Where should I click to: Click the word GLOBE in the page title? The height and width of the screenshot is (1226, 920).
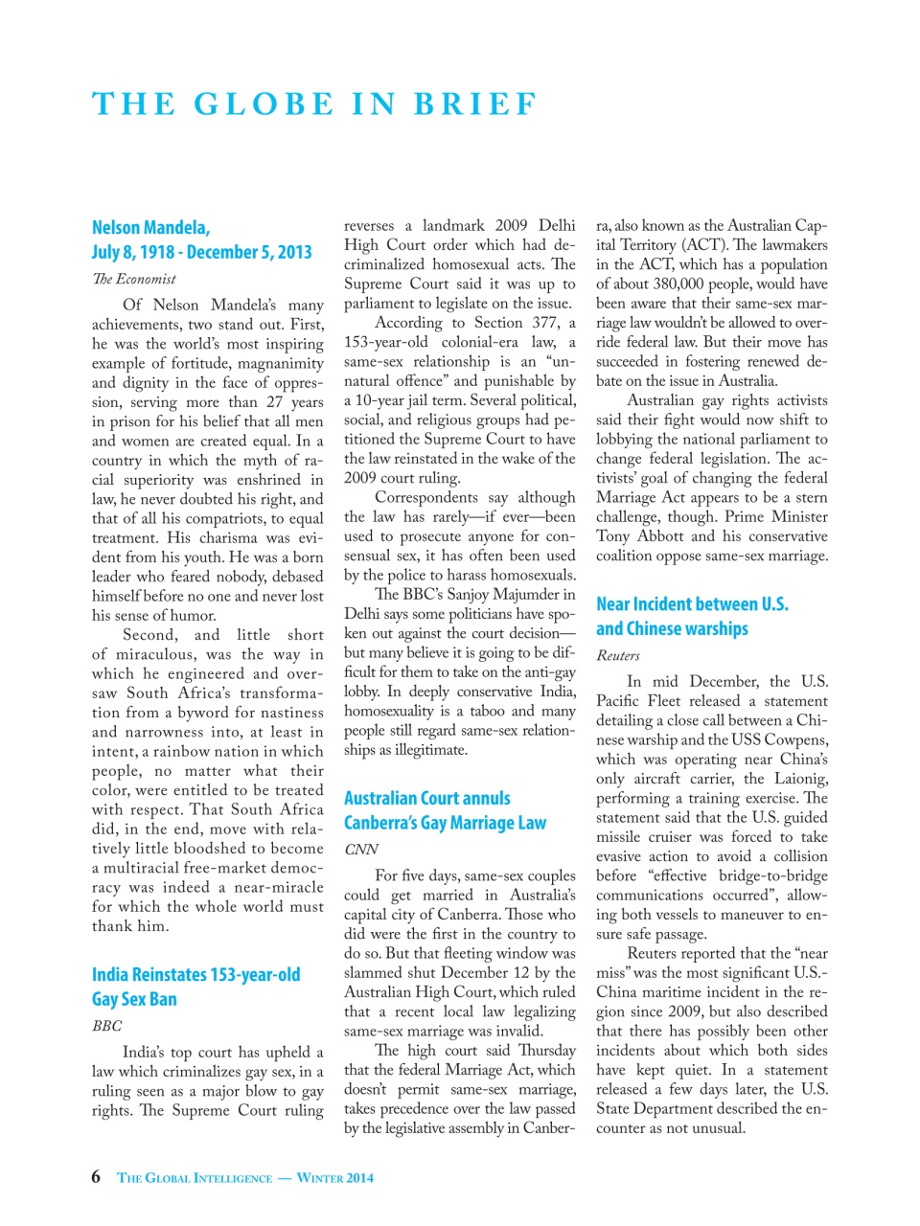pos(264,103)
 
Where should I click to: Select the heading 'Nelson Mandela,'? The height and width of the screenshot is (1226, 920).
pos(150,227)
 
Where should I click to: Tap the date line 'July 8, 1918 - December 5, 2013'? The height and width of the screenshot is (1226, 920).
pos(201,252)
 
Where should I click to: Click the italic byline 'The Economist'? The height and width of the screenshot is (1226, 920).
pos(133,279)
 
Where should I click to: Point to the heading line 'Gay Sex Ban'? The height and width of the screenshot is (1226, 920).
pos(134,999)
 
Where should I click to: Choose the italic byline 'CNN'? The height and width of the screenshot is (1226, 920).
pos(360,850)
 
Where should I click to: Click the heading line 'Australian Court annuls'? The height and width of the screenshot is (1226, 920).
pos(426,798)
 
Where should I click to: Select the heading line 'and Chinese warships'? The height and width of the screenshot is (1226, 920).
pos(672,628)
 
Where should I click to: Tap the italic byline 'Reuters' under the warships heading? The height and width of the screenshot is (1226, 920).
pos(617,655)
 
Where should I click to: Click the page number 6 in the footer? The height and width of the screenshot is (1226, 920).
pos(96,1177)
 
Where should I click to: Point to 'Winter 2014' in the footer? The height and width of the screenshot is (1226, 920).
pos(334,1178)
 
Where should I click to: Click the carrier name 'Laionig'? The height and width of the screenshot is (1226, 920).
pos(798,779)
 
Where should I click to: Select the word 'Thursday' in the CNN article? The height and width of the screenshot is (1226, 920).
pos(546,1050)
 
